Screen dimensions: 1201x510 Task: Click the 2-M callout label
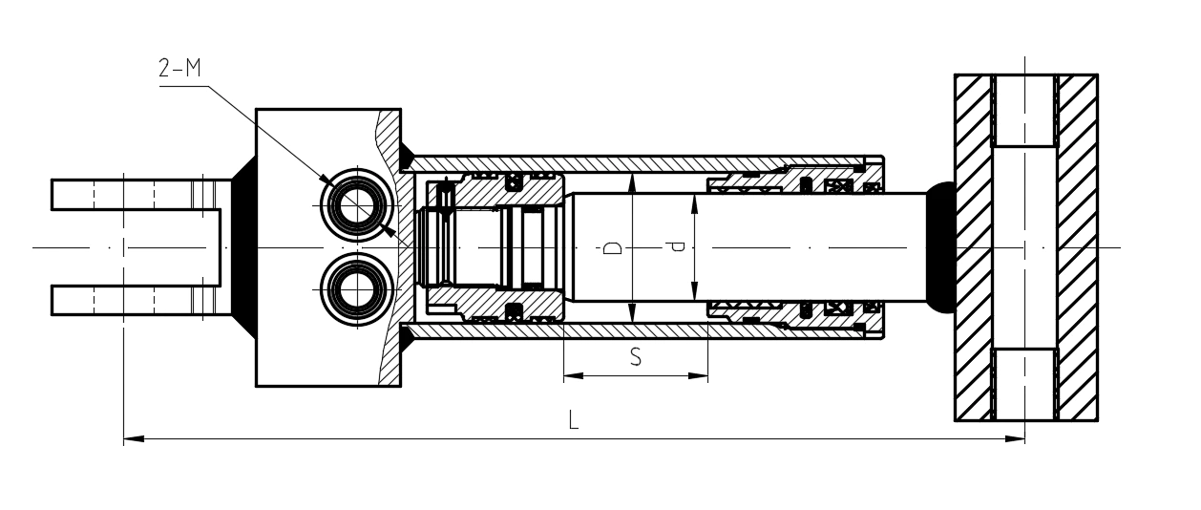point(179,68)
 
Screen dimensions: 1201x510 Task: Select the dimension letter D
point(613,247)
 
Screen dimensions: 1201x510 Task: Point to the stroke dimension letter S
point(636,356)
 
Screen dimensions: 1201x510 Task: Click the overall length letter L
point(574,420)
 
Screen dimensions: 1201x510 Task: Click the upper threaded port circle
point(356,205)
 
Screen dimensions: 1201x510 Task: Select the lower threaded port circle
point(356,289)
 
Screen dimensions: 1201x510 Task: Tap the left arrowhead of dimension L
point(134,438)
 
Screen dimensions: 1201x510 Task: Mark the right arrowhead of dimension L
point(1015,438)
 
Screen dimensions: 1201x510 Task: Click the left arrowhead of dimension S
point(574,376)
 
